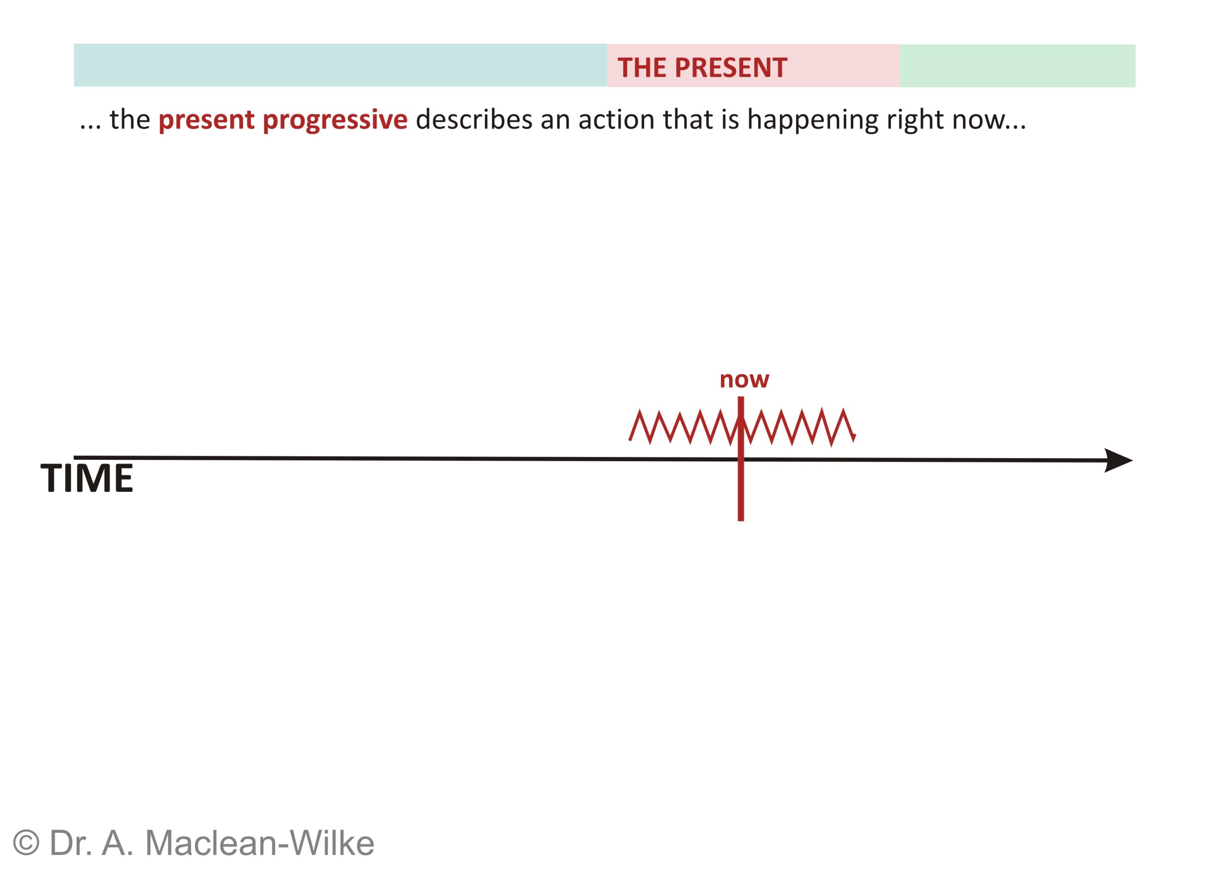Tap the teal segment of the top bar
point(340,65)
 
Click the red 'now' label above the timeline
point(744,380)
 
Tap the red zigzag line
point(742,427)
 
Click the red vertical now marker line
point(741,458)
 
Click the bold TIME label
point(87,478)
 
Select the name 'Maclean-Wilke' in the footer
point(260,843)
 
